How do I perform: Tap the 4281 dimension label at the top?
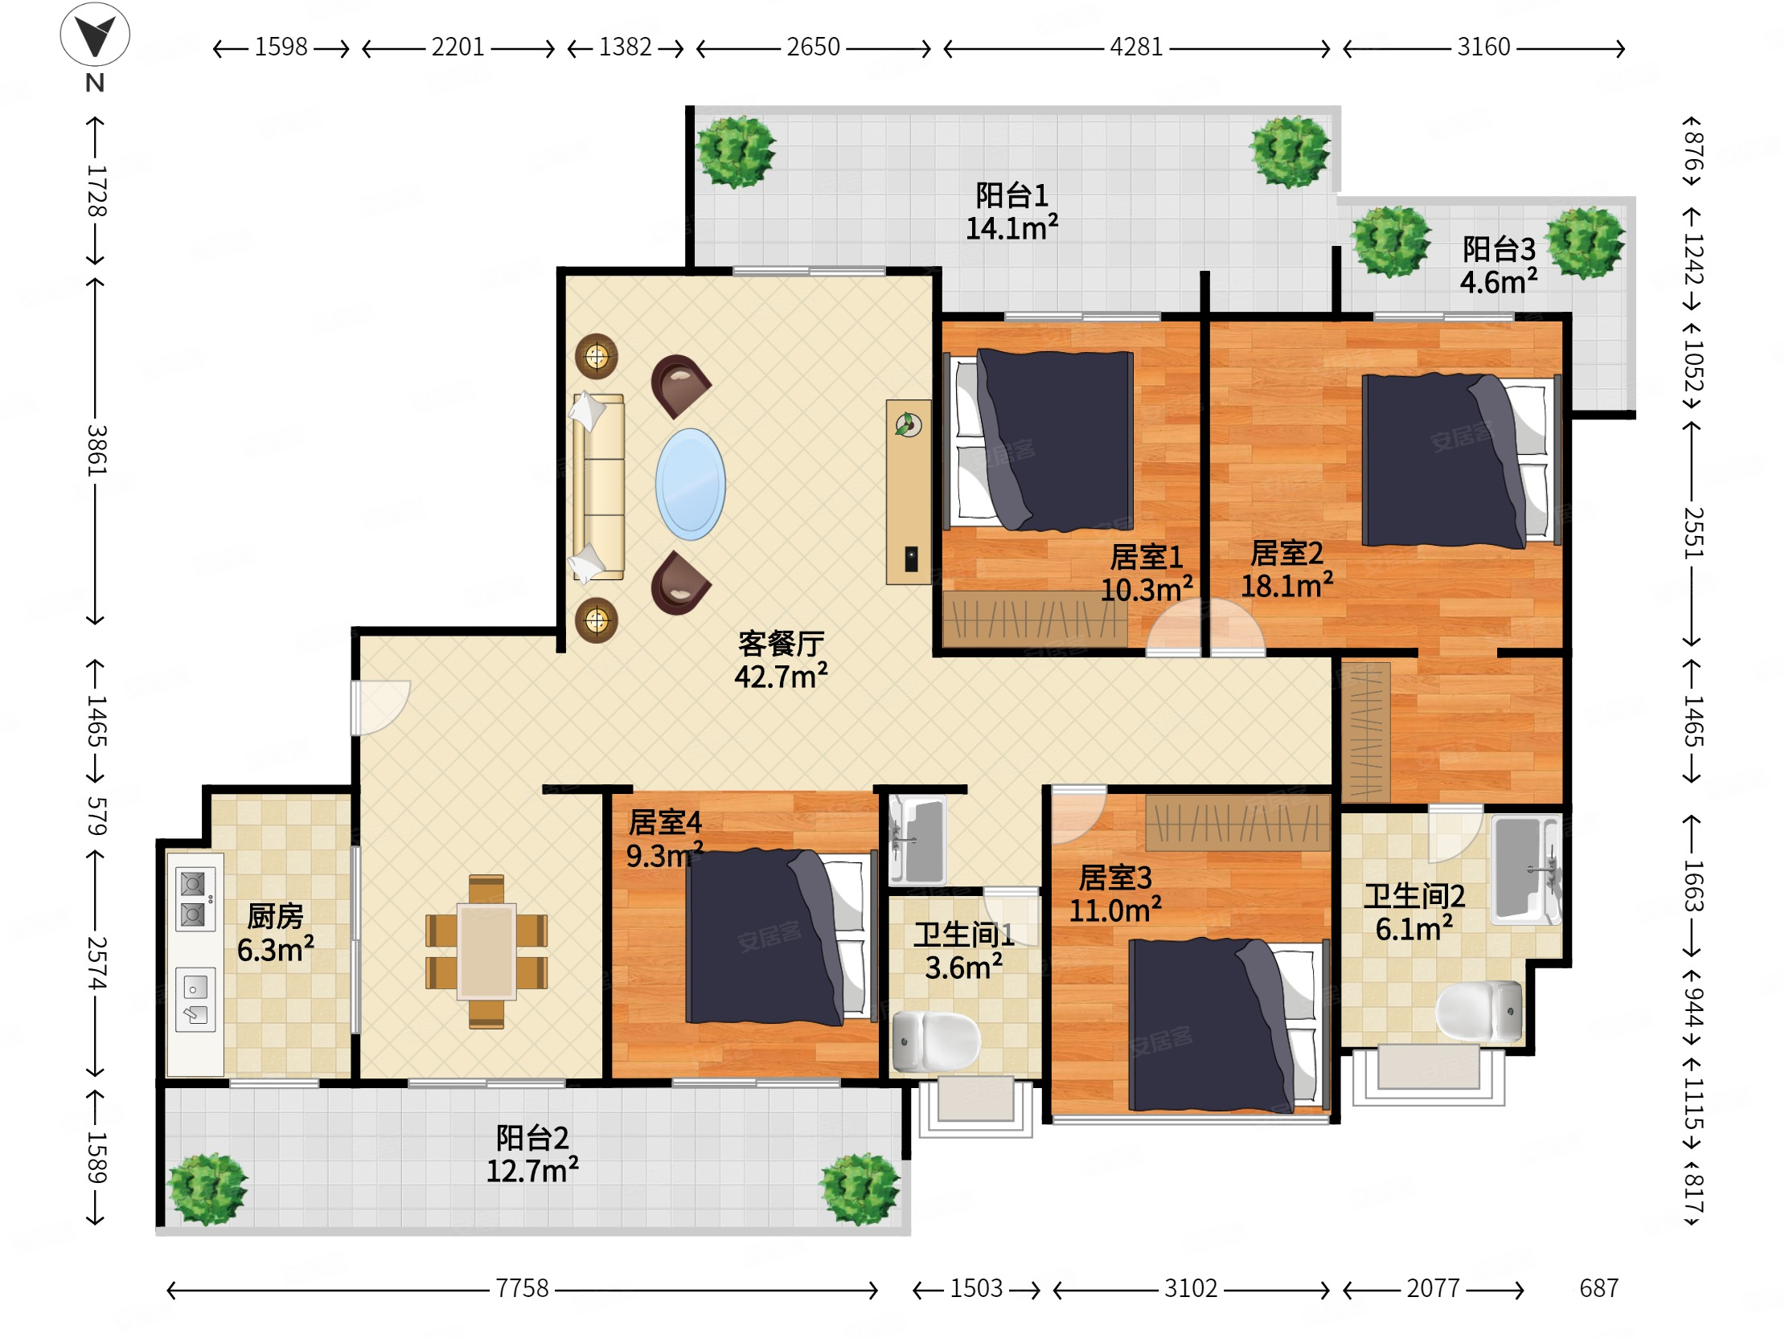point(1136,47)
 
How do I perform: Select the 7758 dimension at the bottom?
point(522,1289)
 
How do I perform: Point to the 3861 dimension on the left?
point(96,450)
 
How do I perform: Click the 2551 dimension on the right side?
point(1693,533)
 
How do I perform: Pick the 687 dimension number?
point(1598,1289)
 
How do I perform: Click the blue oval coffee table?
point(690,484)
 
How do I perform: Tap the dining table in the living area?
point(486,951)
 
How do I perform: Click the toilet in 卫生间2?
point(1479,1012)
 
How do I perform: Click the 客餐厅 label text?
point(782,644)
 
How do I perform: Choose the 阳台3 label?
point(1499,249)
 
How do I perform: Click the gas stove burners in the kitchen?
point(195,899)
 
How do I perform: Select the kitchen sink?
point(195,1000)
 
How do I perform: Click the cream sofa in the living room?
point(598,487)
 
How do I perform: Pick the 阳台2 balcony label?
point(532,1138)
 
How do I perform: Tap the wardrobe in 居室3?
point(1237,823)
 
